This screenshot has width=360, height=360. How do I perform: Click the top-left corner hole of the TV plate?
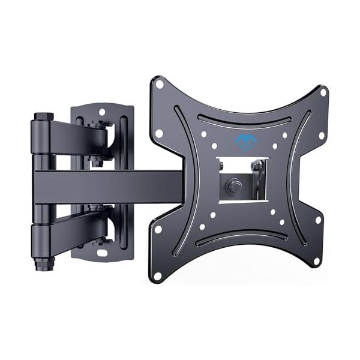pos(160,85)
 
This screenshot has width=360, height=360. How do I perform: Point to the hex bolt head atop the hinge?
pos(43,116)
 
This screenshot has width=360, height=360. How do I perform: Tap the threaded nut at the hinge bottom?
pos(43,263)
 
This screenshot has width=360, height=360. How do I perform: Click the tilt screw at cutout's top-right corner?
pos(257,166)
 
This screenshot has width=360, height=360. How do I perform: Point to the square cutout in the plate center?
pos(242,180)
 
